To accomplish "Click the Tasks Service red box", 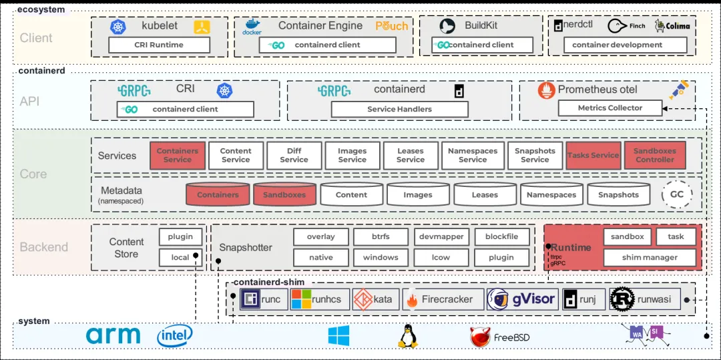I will click(x=593, y=156).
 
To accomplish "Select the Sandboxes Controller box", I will click(x=654, y=156).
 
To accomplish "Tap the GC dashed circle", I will click(x=676, y=194).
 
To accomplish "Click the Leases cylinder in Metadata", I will click(x=485, y=194).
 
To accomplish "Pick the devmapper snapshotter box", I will click(x=441, y=237).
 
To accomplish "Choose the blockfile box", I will click(x=501, y=237).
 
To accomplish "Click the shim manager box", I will click(x=650, y=257).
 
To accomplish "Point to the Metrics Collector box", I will click(x=610, y=108).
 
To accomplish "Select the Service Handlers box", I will click(x=399, y=109).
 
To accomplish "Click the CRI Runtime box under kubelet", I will click(x=159, y=45).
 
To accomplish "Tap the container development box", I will click(x=617, y=45).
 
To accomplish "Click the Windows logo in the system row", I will click(x=338, y=336).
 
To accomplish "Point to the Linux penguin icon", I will click(x=407, y=336).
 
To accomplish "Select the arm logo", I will click(x=113, y=335).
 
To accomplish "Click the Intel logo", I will click(x=175, y=336).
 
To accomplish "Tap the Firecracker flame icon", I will click(x=411, y=300).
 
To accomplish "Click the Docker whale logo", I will click(x=252, y=25).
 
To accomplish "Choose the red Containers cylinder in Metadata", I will click(x=218, y=194).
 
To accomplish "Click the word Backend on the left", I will click(x=44, y=247).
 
